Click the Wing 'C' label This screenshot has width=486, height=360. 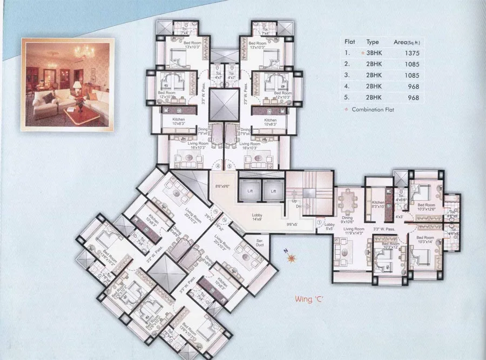(309, 298)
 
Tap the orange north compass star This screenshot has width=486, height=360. (292, 258)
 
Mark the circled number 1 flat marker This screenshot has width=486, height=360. (320, 222)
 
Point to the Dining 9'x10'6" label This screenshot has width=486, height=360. (347, 219)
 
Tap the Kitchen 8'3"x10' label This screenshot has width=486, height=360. (377, 204)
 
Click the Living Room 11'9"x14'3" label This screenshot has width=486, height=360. (352, 230)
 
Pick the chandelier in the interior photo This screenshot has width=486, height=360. (84, 51)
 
